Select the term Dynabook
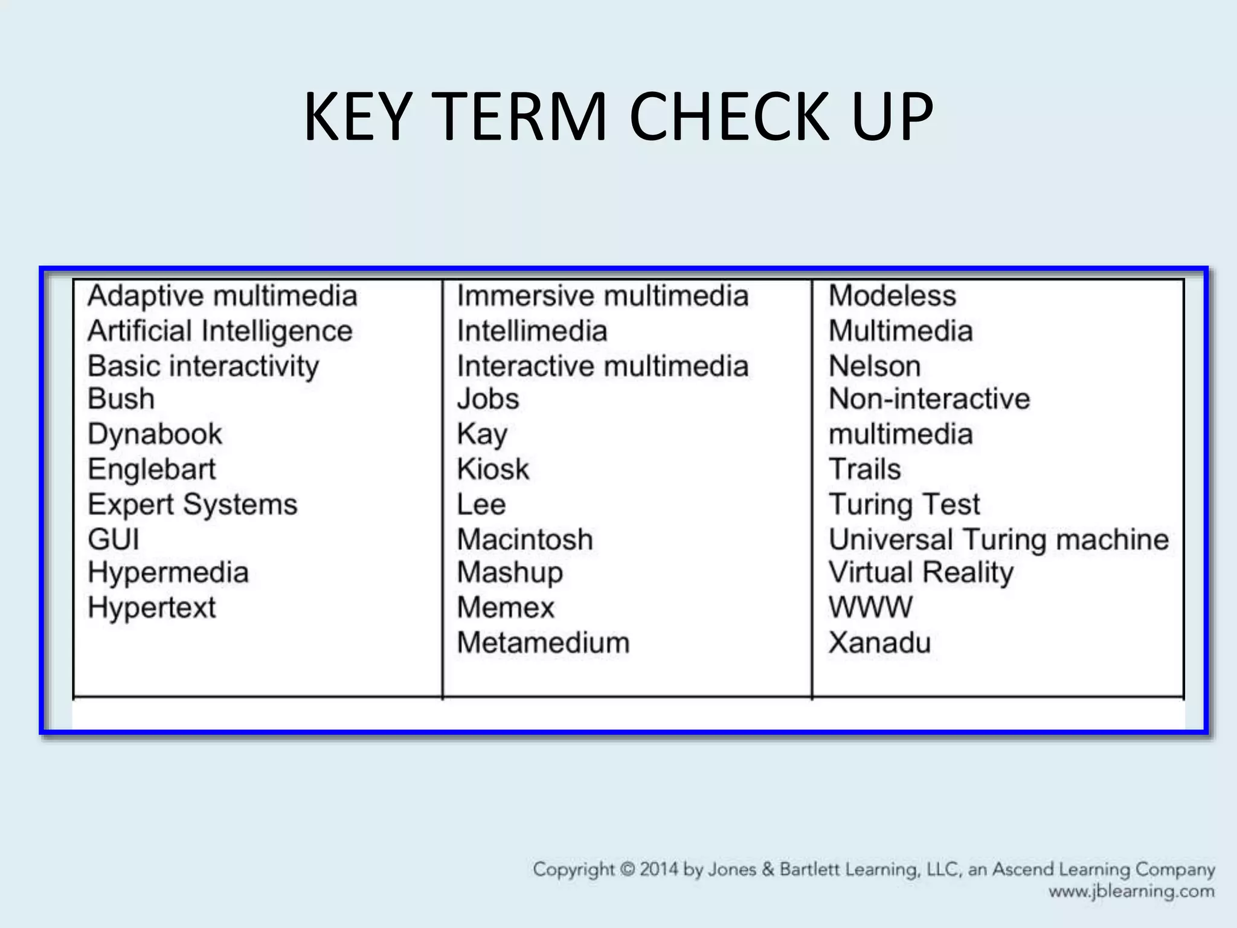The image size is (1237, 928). coord(155,434)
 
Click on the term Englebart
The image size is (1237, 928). coord(152,469)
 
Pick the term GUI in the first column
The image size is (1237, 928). coord(114,539)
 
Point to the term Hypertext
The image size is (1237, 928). coord(152,608)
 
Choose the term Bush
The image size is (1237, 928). coord(121,399)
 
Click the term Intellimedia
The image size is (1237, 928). coord(532,331)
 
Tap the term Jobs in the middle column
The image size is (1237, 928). coord(488,399)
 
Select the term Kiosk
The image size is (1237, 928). coord(493,469)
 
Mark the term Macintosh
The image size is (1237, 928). coord(525,539)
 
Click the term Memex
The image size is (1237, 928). coord(506,608)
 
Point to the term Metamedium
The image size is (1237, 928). coord(543,643)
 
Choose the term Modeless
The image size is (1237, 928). coord(892,296)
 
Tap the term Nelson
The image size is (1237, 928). coord(875,366)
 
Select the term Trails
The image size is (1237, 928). coord(864,469)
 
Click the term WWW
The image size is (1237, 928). coord(870,608)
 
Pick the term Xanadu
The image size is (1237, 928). coord(879,643)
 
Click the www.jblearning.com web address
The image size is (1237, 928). coord(1131,892)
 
